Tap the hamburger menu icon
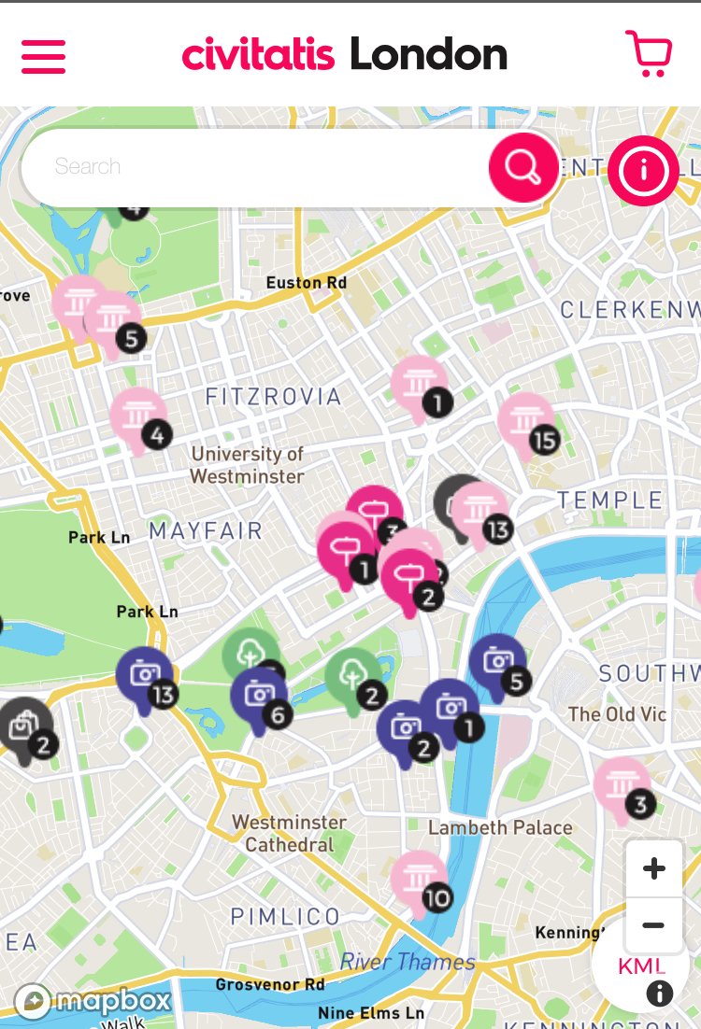tap(43, 56)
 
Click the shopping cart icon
tap(648, 54)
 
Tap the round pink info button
tap(643, 170)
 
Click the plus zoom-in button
tap(654, 868)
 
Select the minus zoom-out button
tap(654, 925)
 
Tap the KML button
tap(641, 966)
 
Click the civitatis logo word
tap(258, 54)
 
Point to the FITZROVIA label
tap(273, 397)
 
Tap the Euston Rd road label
tap(307, 282)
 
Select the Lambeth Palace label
tap(500, 827)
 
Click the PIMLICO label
tap(285, 916)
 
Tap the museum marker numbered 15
tap(526, 421)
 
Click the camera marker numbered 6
tap(259, 696)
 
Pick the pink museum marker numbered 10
tap(418, 880)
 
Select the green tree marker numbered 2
tap(352, 677)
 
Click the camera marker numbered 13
tap(144, 676)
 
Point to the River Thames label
tap(408, 962)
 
